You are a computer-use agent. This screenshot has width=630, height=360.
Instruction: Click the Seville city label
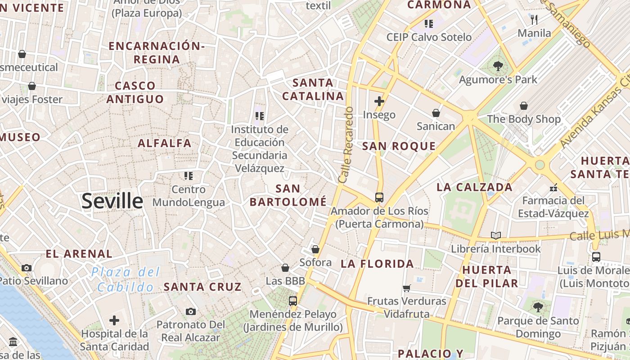(112, 201)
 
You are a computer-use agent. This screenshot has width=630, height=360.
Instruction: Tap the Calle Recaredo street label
(346, 144)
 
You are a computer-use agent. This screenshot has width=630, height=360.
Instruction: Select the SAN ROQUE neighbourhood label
(399, 146)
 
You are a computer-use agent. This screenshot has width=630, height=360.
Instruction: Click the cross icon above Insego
(379, 101)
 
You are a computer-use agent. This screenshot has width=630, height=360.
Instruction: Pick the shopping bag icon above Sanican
(436, 112)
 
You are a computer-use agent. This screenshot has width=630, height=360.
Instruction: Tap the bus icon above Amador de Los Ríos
(379, 197)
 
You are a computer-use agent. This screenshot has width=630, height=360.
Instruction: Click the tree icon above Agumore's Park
(498, 66)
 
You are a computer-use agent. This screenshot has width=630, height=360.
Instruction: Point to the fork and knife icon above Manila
(534, 19)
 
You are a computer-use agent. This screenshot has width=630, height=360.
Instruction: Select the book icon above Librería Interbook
(495, 235)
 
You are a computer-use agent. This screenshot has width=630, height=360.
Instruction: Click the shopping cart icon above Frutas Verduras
(407, 288)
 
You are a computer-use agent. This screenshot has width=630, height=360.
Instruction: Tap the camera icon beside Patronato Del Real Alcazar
(190, 311)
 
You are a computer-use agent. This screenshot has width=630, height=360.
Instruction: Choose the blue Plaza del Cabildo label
(126, 279)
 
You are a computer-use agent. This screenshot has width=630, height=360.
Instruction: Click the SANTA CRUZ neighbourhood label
(202, 287)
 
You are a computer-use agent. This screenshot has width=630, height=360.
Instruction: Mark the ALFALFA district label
(165, 143)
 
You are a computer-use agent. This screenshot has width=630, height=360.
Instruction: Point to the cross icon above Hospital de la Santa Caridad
(114, 320)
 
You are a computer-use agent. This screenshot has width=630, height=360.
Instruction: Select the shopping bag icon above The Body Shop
(524, 106)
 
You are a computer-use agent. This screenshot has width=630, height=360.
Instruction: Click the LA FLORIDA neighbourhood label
(377, 264)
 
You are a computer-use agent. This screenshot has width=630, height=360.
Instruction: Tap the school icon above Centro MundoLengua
(188, 175)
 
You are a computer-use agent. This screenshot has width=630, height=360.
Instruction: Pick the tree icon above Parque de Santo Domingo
(538, 307)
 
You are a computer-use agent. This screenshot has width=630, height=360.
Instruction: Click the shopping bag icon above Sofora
(315, 249)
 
